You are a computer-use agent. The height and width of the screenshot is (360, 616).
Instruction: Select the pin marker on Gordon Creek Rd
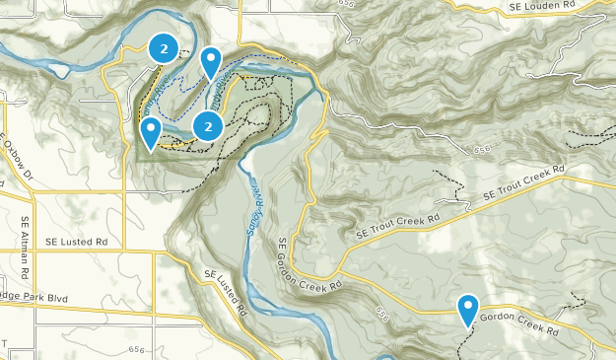coord(468,310)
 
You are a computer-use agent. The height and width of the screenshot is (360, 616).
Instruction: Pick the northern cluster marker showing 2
coord(163,46)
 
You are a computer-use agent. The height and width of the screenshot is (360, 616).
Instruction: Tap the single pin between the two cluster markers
coord(211,63)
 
